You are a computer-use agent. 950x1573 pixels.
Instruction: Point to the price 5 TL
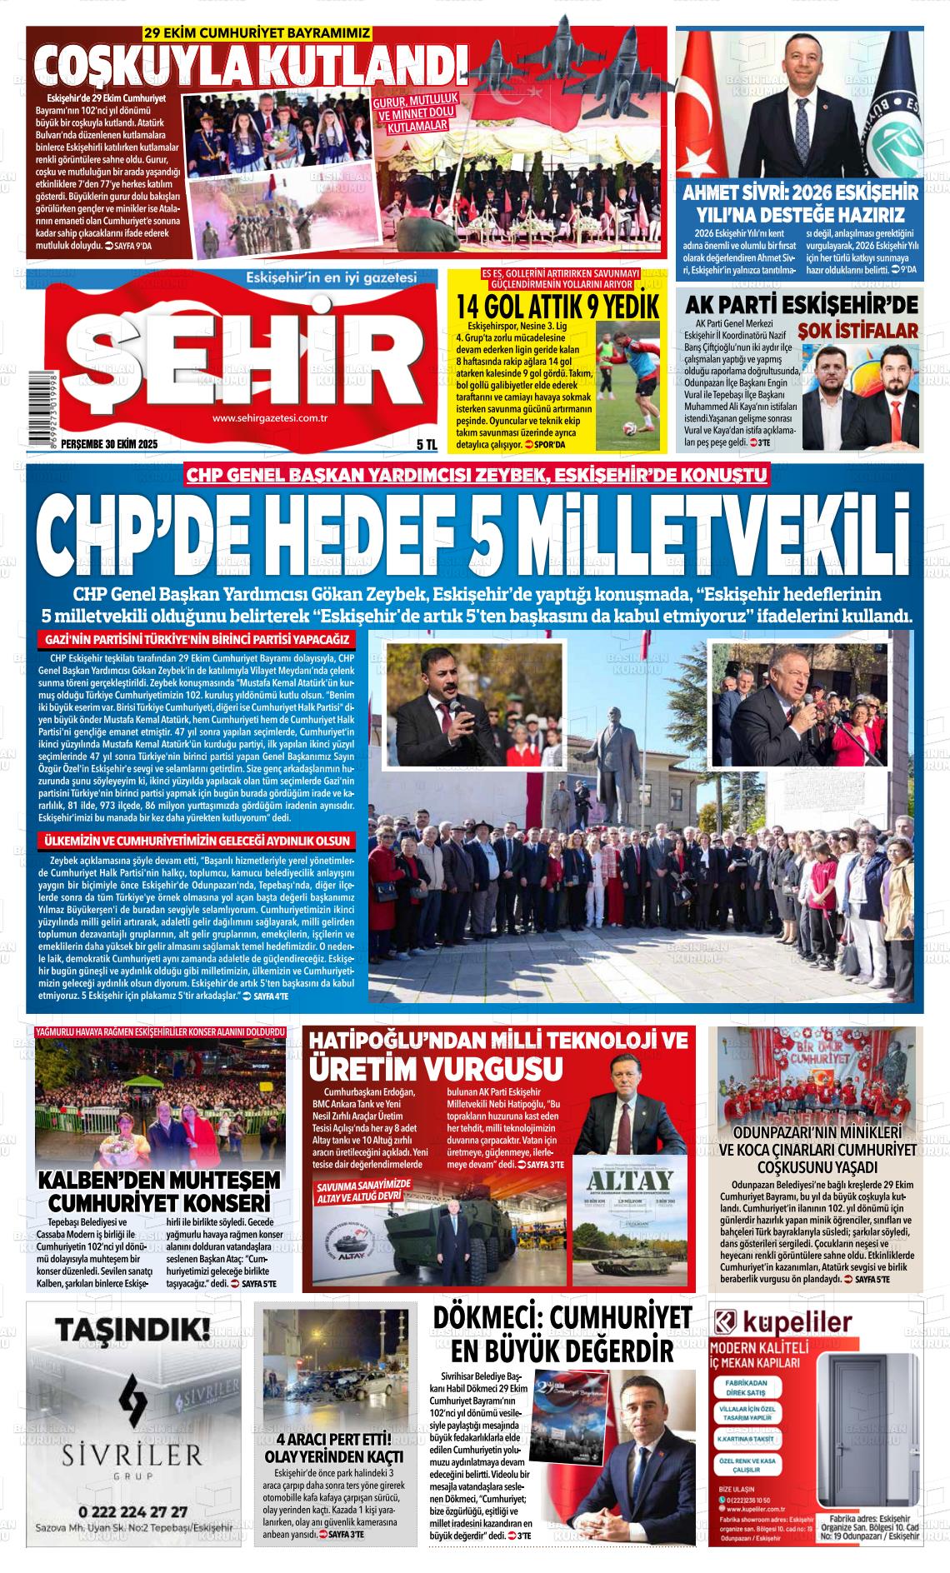(x=426, y=445)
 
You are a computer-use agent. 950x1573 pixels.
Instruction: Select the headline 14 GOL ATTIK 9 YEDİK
(x=557, y=305)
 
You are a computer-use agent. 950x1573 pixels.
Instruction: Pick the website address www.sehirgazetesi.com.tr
(x=269, y=418)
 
